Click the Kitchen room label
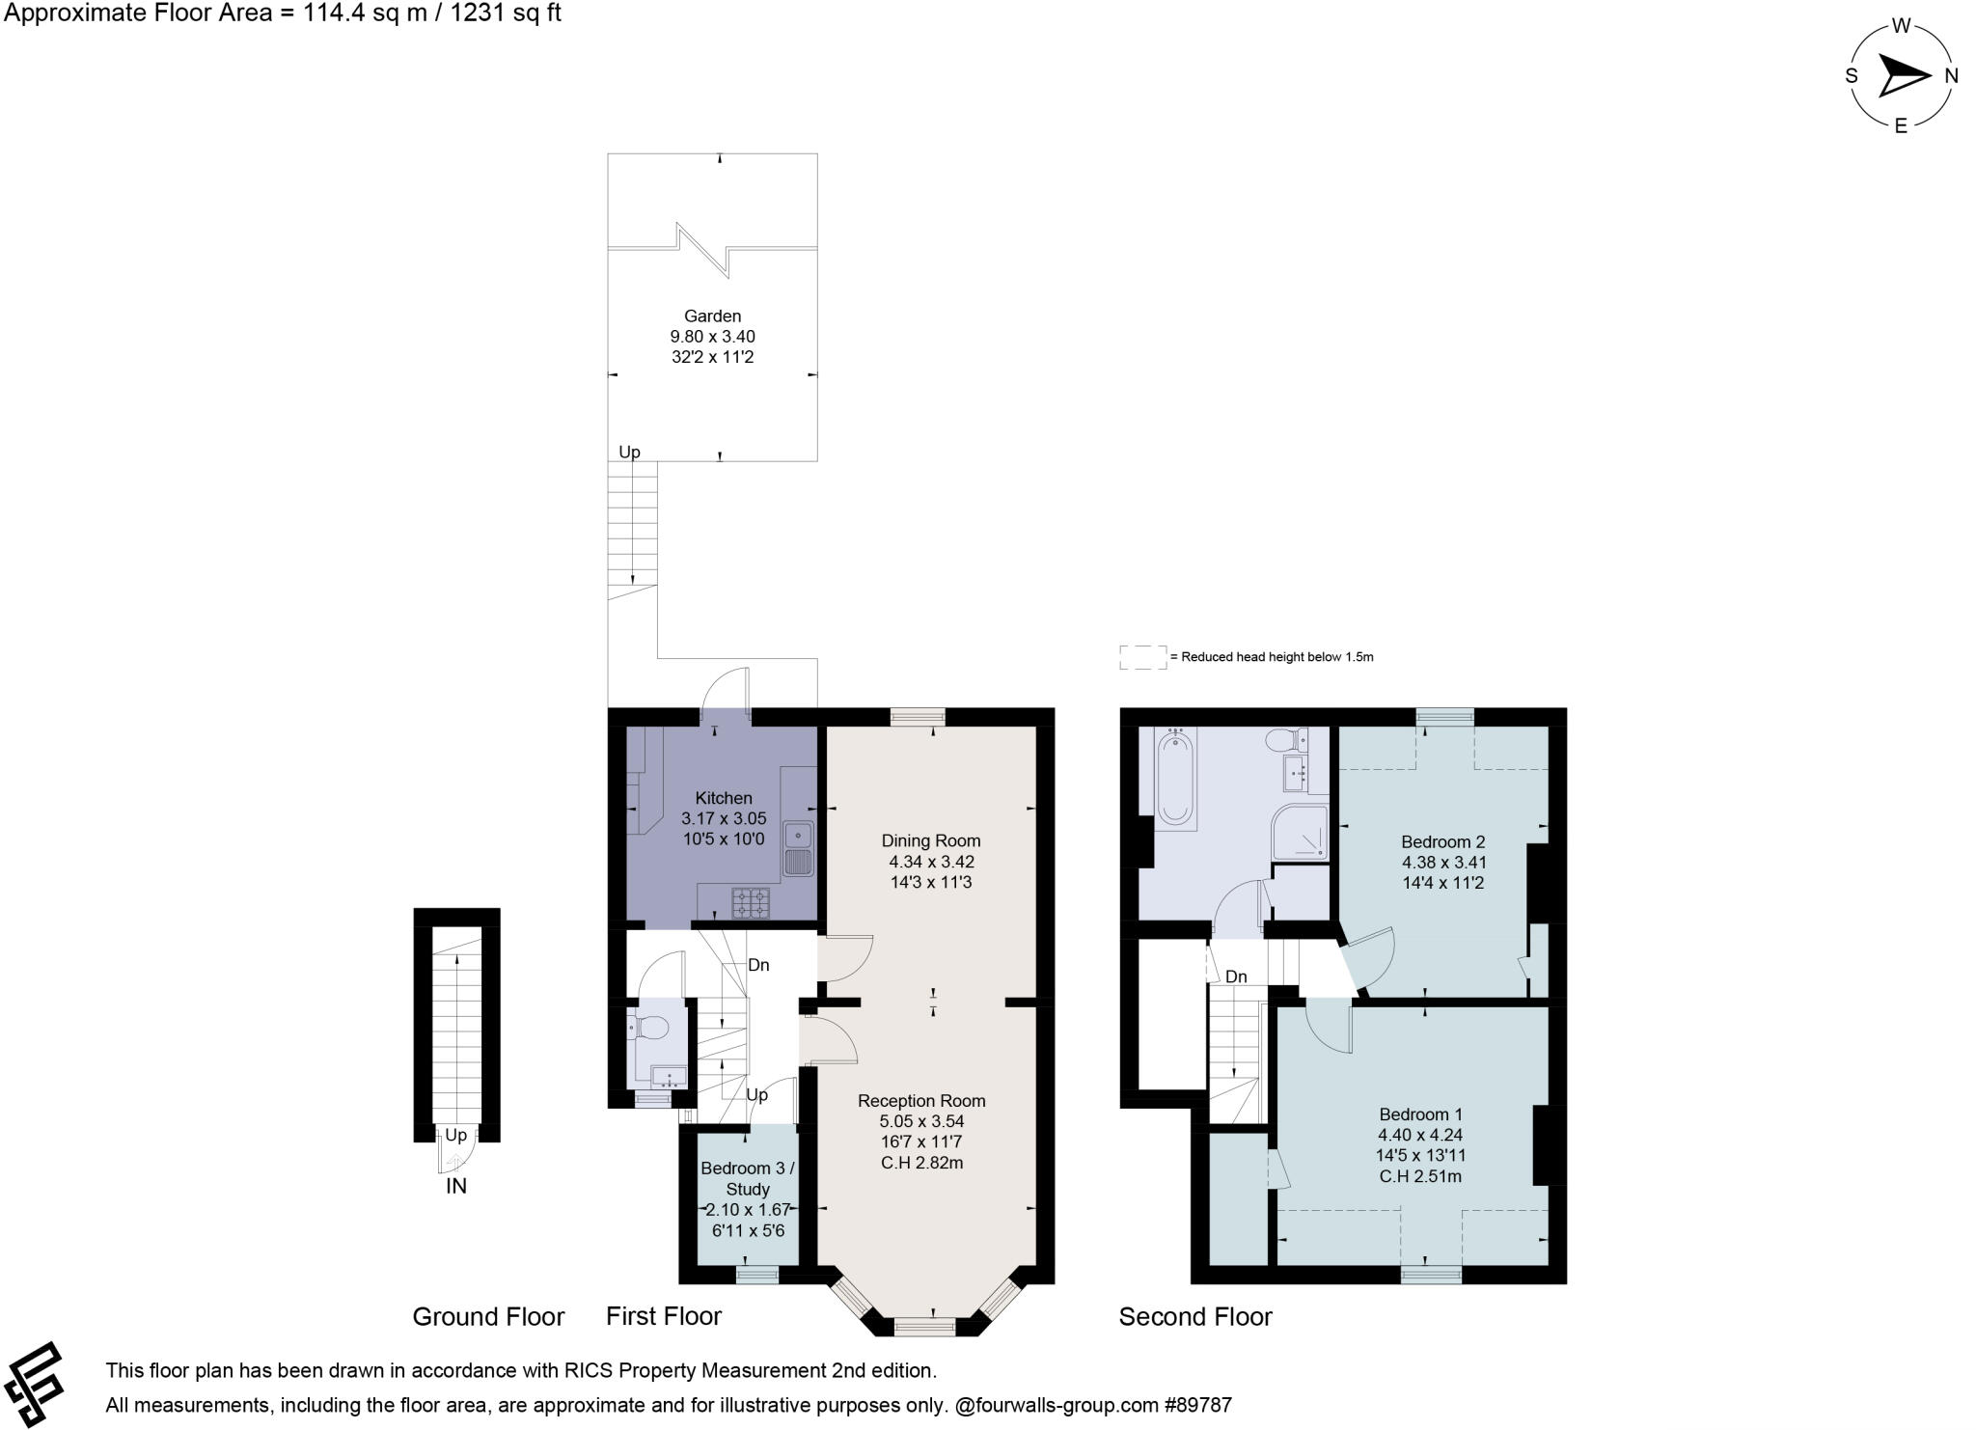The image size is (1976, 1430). [724, 798]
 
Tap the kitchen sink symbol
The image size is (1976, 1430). [799, 848]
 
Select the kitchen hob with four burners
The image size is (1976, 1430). [751, 903]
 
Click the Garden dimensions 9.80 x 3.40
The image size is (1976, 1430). [712, 337]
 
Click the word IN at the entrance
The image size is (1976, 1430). [456, 1187]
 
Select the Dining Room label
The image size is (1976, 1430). [931, 840]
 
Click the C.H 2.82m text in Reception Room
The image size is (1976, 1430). [921, 1163]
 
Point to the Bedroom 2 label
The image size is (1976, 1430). [1443, 841]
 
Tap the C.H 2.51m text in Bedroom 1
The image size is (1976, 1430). [1419, 1176]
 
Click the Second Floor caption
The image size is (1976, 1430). [1195, 1317]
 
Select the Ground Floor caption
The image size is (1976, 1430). [488, 1317]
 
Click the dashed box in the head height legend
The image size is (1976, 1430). [1143, 657]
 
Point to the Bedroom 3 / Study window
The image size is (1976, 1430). [757, 1275]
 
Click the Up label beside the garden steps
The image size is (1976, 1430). [629, 452]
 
